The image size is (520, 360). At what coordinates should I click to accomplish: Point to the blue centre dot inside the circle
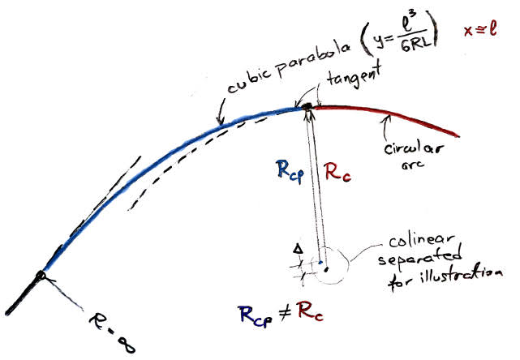[x=320, y=261]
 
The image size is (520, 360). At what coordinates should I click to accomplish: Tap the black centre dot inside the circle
[x=325, y=269]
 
